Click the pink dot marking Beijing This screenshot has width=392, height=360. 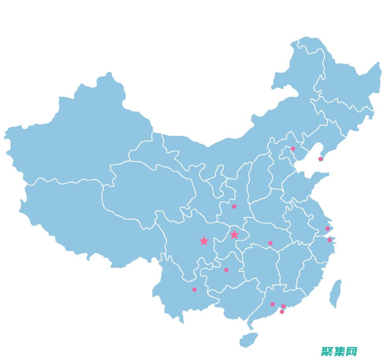click(x=293, y=148)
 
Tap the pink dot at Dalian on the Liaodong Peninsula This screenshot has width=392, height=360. click(x=320, y=159)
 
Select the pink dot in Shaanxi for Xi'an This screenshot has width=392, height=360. click(x=234, y=206)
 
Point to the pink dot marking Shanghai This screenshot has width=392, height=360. click(x=327, y=228)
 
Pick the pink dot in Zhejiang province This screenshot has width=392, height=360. click(x=329, y=240)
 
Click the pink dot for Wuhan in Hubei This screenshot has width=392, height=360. click(x=270, y=243)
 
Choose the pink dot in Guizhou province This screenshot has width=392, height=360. click(x=226, y=270)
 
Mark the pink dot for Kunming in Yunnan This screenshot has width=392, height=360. click(x=194, y=289)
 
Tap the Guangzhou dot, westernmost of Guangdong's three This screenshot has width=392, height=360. click(x=272, y=304)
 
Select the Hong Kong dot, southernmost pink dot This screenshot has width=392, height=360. click(x=282, y=312)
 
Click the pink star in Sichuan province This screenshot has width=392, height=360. click(x=204, y=241)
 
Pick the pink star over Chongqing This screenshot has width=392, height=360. click(x=234, y=234)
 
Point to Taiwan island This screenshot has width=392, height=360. click(x=335, y=293)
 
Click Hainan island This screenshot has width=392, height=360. click(x=248, y=340)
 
